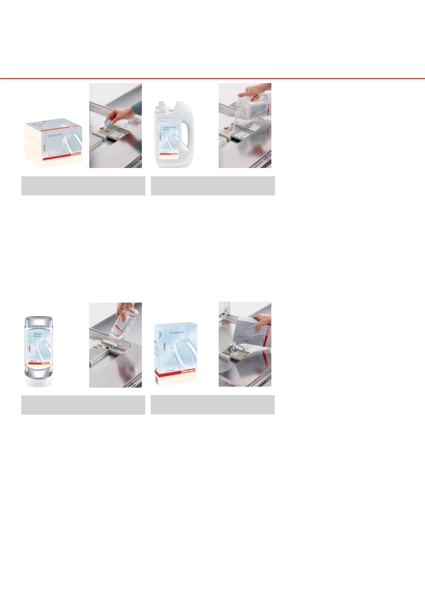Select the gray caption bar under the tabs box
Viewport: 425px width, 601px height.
coord(83,186)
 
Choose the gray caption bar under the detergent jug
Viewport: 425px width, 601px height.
coord(212,186)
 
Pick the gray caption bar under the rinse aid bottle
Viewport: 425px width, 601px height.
coord(83,405)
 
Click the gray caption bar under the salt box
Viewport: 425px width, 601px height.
coord(212,405)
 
